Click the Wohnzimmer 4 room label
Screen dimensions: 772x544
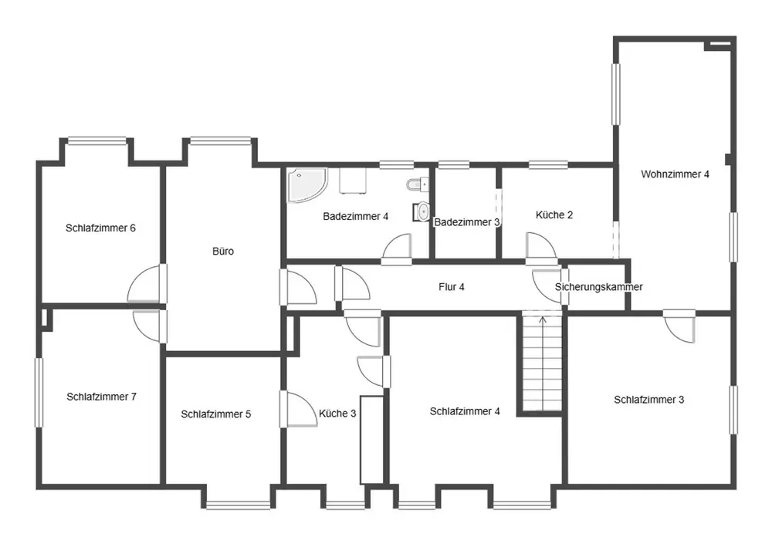[675, 174]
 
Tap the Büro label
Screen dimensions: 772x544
[223, 252]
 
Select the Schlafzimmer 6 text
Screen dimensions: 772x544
[100, 228]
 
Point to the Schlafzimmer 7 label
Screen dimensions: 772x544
[101, 397]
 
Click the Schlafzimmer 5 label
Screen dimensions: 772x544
[215, 414]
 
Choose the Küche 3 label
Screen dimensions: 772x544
[337, 414]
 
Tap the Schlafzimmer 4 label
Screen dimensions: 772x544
[465, 411]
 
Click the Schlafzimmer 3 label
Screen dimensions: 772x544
[649, 400]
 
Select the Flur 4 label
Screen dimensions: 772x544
[452, 287]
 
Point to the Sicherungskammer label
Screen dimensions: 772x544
[599, 287]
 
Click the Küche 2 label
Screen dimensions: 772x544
[554, 215]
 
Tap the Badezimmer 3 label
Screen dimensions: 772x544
[467, 222]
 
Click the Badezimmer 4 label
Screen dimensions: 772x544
[355, 217]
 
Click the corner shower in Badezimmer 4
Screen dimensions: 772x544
[306, 185]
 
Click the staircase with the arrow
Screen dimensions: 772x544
[542, 362]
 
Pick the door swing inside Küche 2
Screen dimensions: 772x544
[540, 245]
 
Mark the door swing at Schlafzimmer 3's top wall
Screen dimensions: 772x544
[679, 326]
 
